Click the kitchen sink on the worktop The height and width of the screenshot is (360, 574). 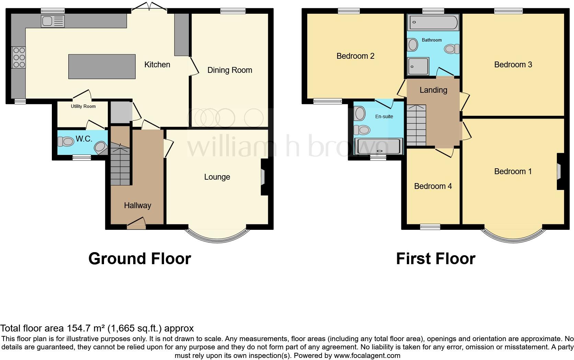pyautogui.click(x=53, y=21)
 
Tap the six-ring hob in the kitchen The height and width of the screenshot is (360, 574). pyautogui.click(x=19, y=57)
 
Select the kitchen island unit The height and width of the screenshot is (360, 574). pyautogui.click(x=102, y=66)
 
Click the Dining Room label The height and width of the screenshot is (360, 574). pyautogui.click(x=230, y=70)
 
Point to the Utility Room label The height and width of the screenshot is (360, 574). pyautogui.click(x=83, y=106)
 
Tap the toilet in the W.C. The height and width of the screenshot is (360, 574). pyautogui.click(x=66, y=141)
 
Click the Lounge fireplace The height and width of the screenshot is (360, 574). pyautogui.click(x=263, y=177)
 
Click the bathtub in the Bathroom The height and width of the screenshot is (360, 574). pyautogui.click(x=433, y=22)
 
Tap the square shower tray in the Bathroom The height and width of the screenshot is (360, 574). pyautogui.click(x=418, y=66)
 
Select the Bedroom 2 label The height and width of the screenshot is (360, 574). pyautogui.click(x=355, y=56)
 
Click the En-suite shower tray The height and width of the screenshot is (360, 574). pyautogui.click(x=378, y=146)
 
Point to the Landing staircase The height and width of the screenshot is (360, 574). pyautogui.click(x=416, y=125)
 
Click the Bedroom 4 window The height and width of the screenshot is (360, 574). pyautogui.click(x=430, y=226)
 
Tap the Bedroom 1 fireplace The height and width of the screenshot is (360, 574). pyautogui.click(x=559, y=171)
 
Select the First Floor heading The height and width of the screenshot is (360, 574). pyautogui.click(x=435, y=259)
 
